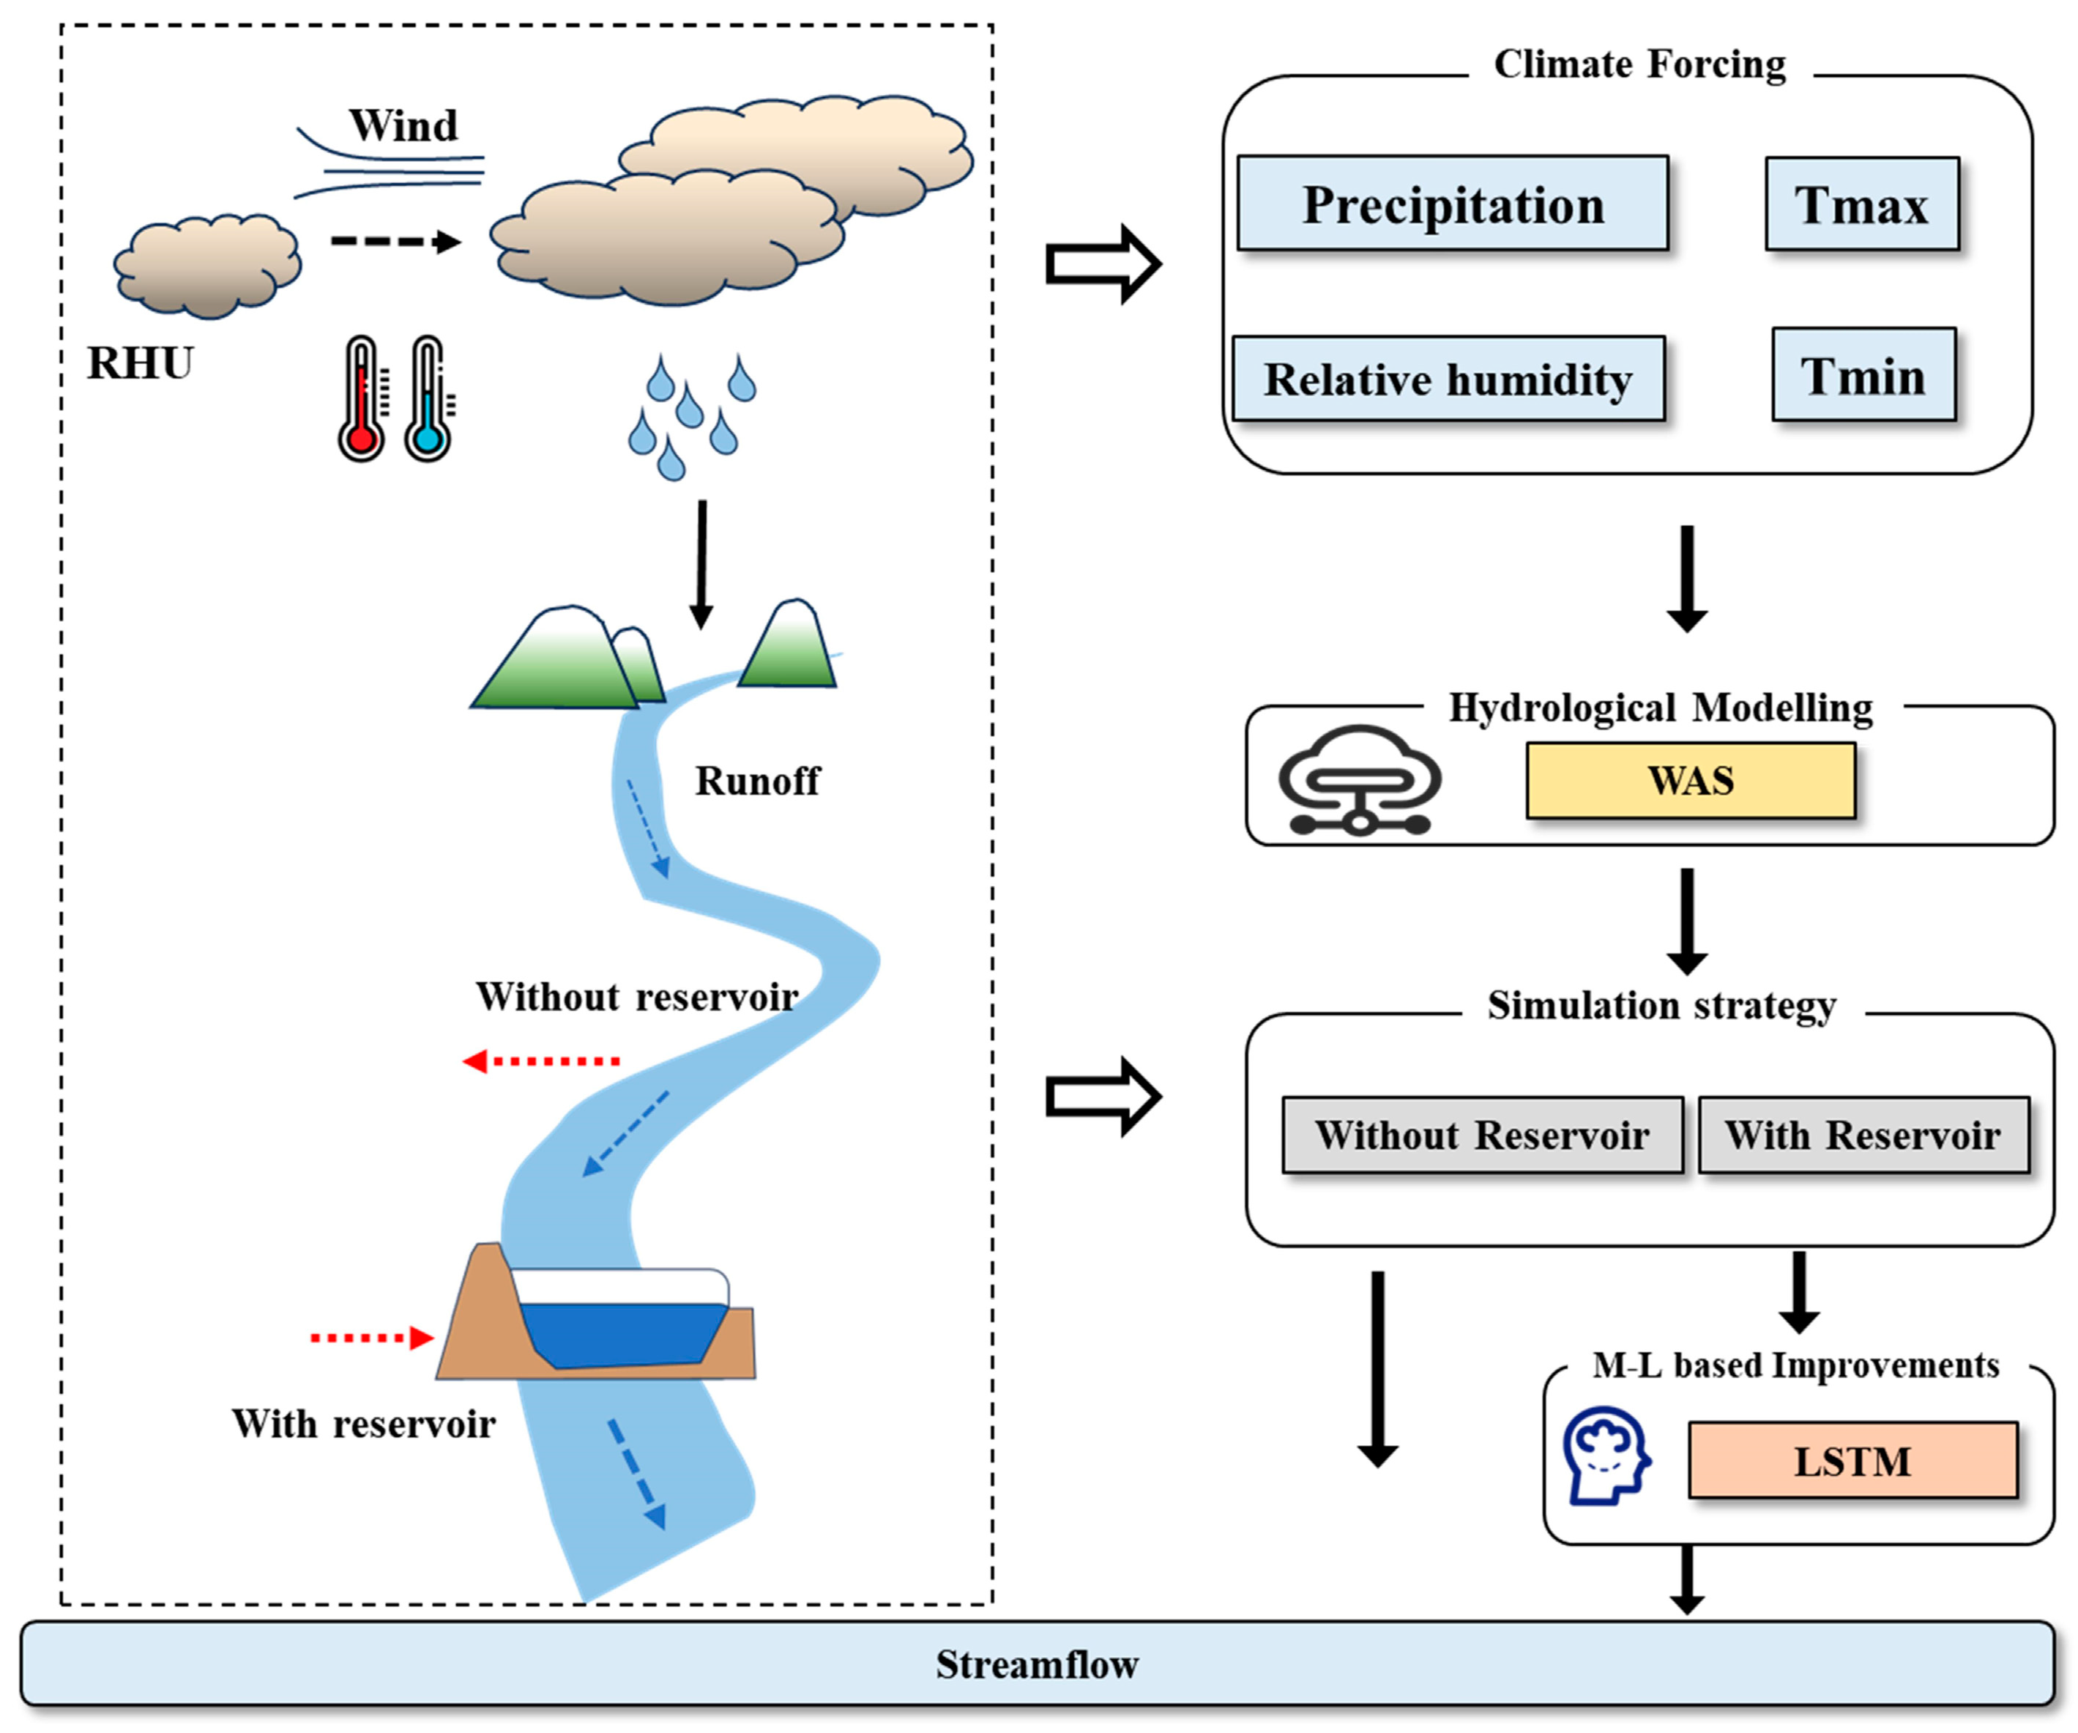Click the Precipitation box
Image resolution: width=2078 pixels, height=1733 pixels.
coord(1452,204)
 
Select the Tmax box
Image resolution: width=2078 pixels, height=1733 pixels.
coord(1861,204)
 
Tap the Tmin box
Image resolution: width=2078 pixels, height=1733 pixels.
coord(1863,375)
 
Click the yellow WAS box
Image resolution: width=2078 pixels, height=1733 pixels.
coord(1690,781)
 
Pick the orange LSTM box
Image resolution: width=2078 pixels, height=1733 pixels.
coord(1852,1461)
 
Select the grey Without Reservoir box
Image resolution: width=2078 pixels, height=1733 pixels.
coord(1481,1135)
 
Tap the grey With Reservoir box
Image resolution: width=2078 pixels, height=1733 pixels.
coord(1863,1135)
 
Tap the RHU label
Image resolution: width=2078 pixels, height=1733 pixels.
coord(141,363)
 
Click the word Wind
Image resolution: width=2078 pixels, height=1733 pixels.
coord(403,126)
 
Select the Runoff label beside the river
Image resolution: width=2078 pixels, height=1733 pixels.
coord(757,781)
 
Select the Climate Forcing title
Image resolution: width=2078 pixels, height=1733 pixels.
coord(1639,64)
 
